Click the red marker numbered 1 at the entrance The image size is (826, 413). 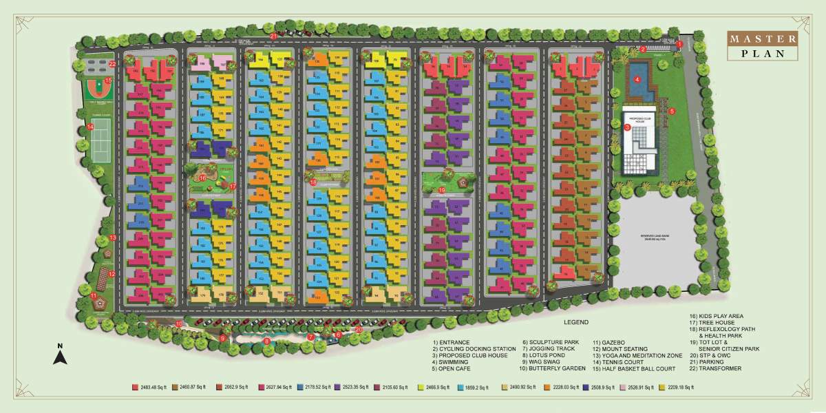click(679, 44)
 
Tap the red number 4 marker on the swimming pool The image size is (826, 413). click(637, 79)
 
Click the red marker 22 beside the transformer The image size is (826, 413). click(112, 64)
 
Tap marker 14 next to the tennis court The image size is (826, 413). click(90, 127)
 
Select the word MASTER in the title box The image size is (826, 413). click(762, 39)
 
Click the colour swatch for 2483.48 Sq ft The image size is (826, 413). click(134, 388)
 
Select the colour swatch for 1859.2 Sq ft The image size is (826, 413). click(460, 388)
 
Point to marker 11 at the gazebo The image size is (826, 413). click(94, 296)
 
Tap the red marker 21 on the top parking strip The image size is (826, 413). click(273, 36)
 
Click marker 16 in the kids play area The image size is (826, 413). click(202, 177)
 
